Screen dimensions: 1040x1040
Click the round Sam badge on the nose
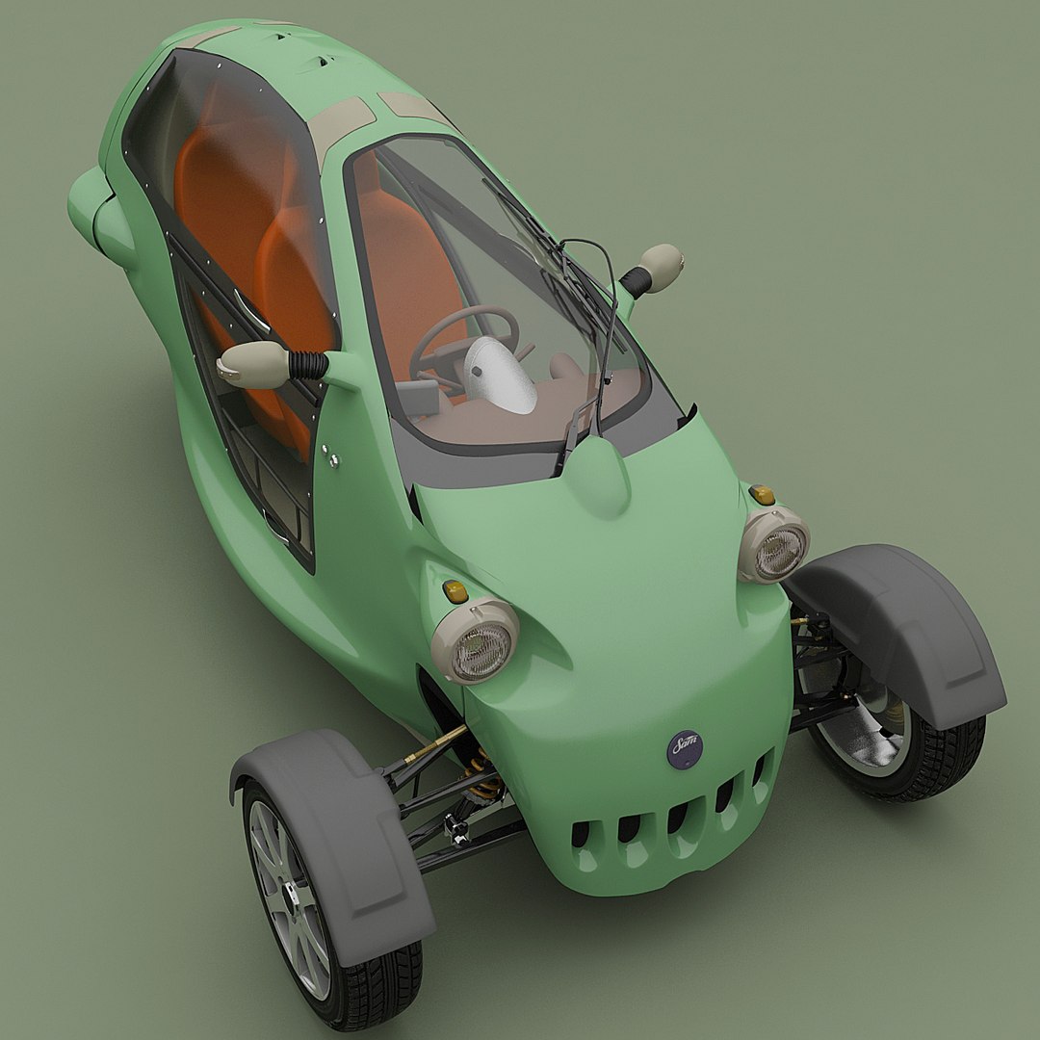(x=685, y=747)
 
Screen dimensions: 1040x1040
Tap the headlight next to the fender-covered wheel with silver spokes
(x=476, y=641)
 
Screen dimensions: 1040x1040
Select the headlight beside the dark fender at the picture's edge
(x=775, y=545)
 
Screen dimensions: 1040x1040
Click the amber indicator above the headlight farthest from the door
(x=762, y=495)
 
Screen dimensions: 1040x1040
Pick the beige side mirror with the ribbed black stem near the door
(x=254, y=365)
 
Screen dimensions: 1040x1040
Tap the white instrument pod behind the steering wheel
(x=500, y=375)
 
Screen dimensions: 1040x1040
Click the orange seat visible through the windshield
(x=414, y=270)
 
